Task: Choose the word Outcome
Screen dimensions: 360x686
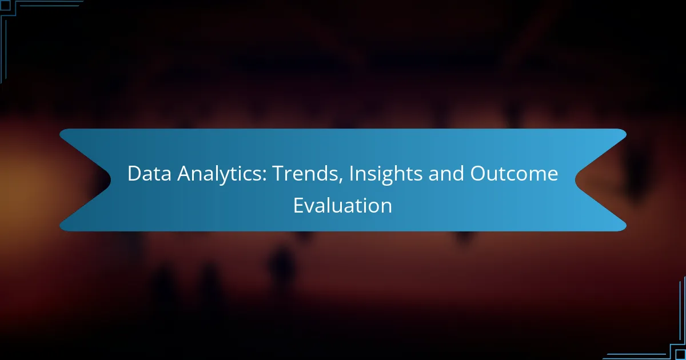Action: (514, 174)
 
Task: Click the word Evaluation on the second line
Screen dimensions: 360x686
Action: (342, 205)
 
